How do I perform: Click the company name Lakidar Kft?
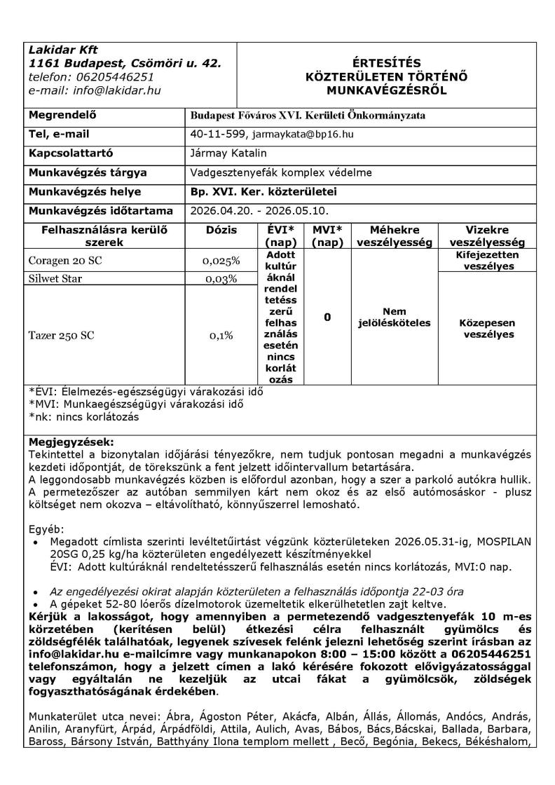(x=64, y=50)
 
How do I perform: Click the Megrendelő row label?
(x=62, y=115)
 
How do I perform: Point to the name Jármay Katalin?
(x=228, y=153)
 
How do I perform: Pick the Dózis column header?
(x=221, y=229)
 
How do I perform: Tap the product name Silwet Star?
(x=57, y=279)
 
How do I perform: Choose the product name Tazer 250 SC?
(x=62, y=335)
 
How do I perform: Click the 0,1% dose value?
(x=221, y=335)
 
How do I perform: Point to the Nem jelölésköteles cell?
(x=395, y=317)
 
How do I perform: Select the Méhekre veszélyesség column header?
(x=395, y=235)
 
